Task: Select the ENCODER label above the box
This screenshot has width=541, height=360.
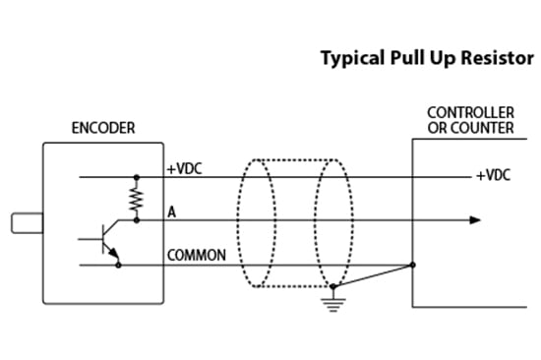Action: point(103,129)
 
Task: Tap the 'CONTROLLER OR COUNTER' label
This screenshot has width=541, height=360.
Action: point(470,120)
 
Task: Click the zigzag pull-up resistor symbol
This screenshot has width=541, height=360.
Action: point(136,200)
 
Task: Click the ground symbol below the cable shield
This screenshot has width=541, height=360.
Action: point(335,303)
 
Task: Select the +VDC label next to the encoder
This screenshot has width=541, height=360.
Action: point(183,168)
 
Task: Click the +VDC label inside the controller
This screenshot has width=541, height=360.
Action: point(494,176)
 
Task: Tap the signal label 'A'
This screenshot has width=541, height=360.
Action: point(171,211)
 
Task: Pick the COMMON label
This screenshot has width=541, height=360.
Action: point(197,256)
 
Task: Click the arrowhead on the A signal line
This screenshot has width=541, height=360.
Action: point(476,220)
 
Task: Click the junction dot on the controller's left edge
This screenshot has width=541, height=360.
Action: point(412,264)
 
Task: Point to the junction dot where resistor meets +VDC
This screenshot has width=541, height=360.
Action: point(136,178)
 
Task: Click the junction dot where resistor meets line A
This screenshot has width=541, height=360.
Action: point(136,220)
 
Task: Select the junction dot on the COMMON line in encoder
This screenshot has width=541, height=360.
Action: point(136,264)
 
